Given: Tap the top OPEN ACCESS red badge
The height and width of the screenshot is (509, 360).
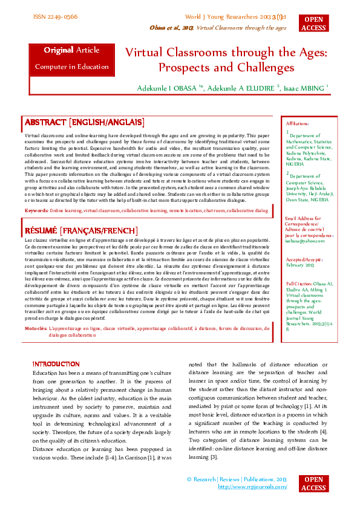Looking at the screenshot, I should pos(313,24).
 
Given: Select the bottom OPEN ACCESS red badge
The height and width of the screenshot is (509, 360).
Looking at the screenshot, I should pos(313,484).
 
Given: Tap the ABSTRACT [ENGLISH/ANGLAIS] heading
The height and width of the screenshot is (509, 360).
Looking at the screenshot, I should pos(83,122).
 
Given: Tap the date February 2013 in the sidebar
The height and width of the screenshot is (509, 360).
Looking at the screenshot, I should pos(300,265).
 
